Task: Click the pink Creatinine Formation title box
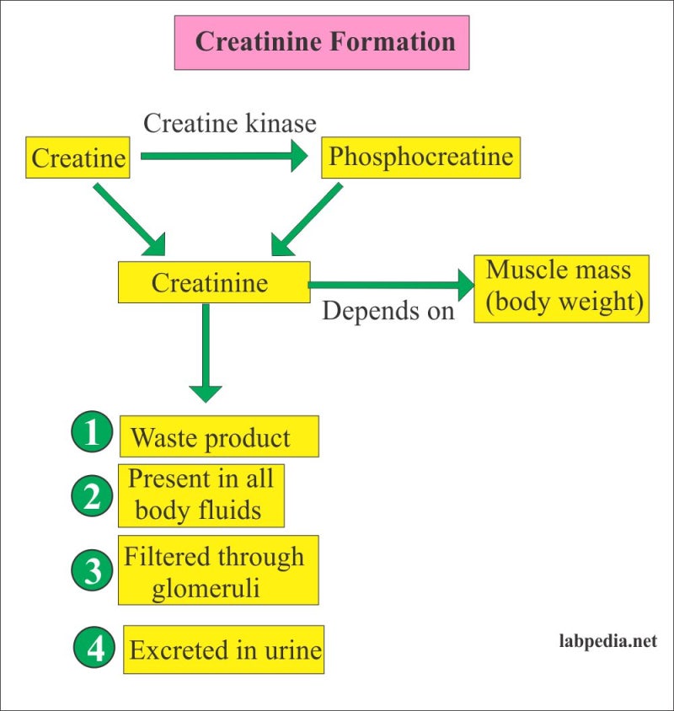click(321, 42)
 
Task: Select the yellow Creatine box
click(78, 158)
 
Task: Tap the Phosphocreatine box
click(420, 157)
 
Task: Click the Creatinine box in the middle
click(214, 282)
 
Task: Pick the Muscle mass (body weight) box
click(561, 288)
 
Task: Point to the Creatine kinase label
click(229, 123)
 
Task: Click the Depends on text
click(388, 310)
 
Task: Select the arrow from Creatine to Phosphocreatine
click(223, 156)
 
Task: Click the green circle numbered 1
click(92, 435)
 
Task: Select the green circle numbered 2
click(92, 497)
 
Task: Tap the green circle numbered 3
click(92, 570)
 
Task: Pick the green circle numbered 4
click(96, 649)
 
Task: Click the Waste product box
click(218, 437)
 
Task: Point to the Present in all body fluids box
click(201, 495)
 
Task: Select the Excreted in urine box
click(224, 650)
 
